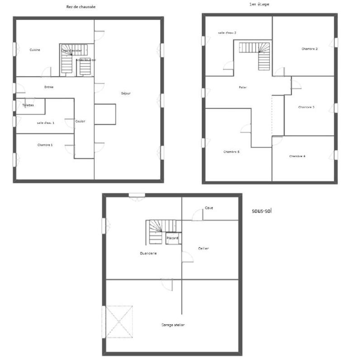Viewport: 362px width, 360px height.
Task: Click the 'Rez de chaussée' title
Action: coord(81,7)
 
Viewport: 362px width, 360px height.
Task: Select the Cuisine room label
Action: coord(35,50)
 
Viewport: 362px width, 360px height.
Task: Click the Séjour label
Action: coord(126,94)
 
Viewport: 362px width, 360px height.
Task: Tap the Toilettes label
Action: coord(28,105)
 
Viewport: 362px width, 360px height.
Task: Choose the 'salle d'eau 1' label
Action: coord(46,123)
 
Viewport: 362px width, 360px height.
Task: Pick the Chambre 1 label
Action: coord(45,145)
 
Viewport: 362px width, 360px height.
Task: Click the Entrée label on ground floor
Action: coord(49,87)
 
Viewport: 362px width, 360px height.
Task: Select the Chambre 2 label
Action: coord(310,48)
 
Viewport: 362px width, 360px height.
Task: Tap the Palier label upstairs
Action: coord(243,87)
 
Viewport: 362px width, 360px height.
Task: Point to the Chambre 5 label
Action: coord(231,152)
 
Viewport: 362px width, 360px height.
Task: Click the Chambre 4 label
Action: coord(297,156)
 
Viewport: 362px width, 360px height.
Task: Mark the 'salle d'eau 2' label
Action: coord(227,33)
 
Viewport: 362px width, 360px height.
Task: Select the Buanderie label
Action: coord(148,254)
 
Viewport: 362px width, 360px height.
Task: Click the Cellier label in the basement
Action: coord(203,248)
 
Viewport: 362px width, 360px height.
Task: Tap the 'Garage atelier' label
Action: coord(173,325)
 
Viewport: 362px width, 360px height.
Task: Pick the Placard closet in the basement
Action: coord(172,238)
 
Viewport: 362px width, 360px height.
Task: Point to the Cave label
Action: coord(209,208)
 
